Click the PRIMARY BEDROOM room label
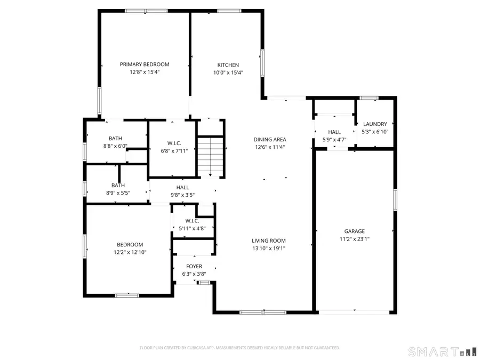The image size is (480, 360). point(144,65)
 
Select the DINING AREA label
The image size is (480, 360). point(269,140)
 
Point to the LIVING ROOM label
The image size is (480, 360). point(269,241)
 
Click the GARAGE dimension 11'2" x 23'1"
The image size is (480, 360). point(354,239)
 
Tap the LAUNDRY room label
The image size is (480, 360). point(374,124)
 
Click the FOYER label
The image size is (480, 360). point(194,266)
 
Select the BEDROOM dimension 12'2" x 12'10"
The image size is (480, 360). point(130,252)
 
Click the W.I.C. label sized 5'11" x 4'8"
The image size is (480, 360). point(192,221)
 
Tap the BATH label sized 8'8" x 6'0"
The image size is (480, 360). point(115,138)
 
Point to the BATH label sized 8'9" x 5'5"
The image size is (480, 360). point(118,185)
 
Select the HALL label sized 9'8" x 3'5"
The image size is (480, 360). point(182,187)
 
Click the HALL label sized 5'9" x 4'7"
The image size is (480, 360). point(334,132)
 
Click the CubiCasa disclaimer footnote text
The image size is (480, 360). point(239,348)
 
